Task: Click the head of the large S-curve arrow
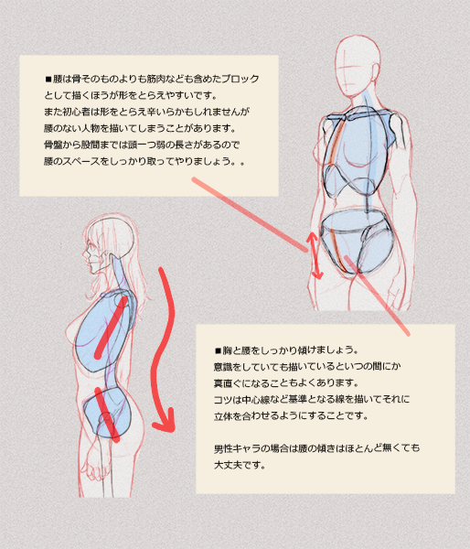click(164, 422)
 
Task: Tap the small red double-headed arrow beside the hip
click(314, 255)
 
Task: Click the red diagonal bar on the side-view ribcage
click(111, 328)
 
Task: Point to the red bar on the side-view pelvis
click(107, 414)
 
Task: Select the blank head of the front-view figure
click(358, 66)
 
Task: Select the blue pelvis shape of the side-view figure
click(108, 413)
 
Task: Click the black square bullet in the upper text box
click(48, 79)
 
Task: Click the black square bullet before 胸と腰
click(218, 350)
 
